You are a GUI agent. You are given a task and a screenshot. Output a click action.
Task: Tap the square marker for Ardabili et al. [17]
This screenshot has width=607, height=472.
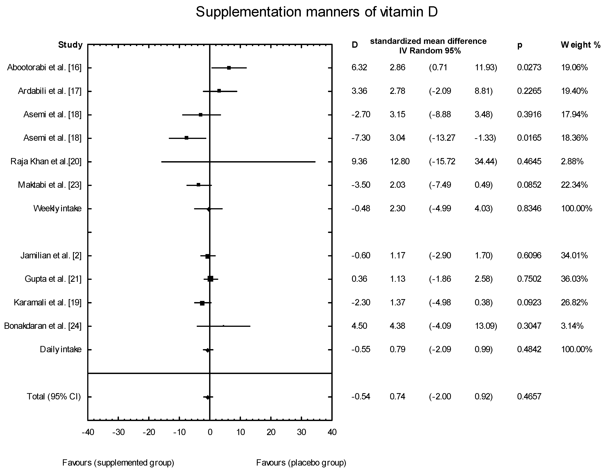(x=219, y=91)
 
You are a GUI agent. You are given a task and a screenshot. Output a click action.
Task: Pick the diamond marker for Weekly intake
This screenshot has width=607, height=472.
(x=209, y=209)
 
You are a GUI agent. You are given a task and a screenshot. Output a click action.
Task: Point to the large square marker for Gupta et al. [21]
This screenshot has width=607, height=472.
(x=210, y=279)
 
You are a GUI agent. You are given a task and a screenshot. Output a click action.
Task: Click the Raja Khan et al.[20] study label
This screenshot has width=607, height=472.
(x=46, y=162)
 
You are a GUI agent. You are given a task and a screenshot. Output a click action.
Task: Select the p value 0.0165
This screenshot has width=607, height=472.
(x=529, y=138)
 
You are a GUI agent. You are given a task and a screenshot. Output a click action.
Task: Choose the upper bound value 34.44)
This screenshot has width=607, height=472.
(x=486, y=162)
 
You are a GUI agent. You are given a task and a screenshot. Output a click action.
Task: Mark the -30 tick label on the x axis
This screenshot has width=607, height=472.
(x=118, y=432)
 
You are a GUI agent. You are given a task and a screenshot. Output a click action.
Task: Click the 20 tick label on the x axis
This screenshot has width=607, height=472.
(x=271, y=432)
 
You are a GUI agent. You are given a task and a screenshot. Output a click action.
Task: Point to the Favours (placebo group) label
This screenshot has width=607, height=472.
(x=301, y=463)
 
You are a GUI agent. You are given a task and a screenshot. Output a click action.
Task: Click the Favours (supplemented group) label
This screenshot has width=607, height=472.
(x=118, y=463)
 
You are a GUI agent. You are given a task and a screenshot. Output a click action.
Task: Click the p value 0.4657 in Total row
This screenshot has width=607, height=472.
(x=529, y=396)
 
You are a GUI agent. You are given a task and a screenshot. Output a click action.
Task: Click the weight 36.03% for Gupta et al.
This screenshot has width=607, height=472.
(x=574, y=279)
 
